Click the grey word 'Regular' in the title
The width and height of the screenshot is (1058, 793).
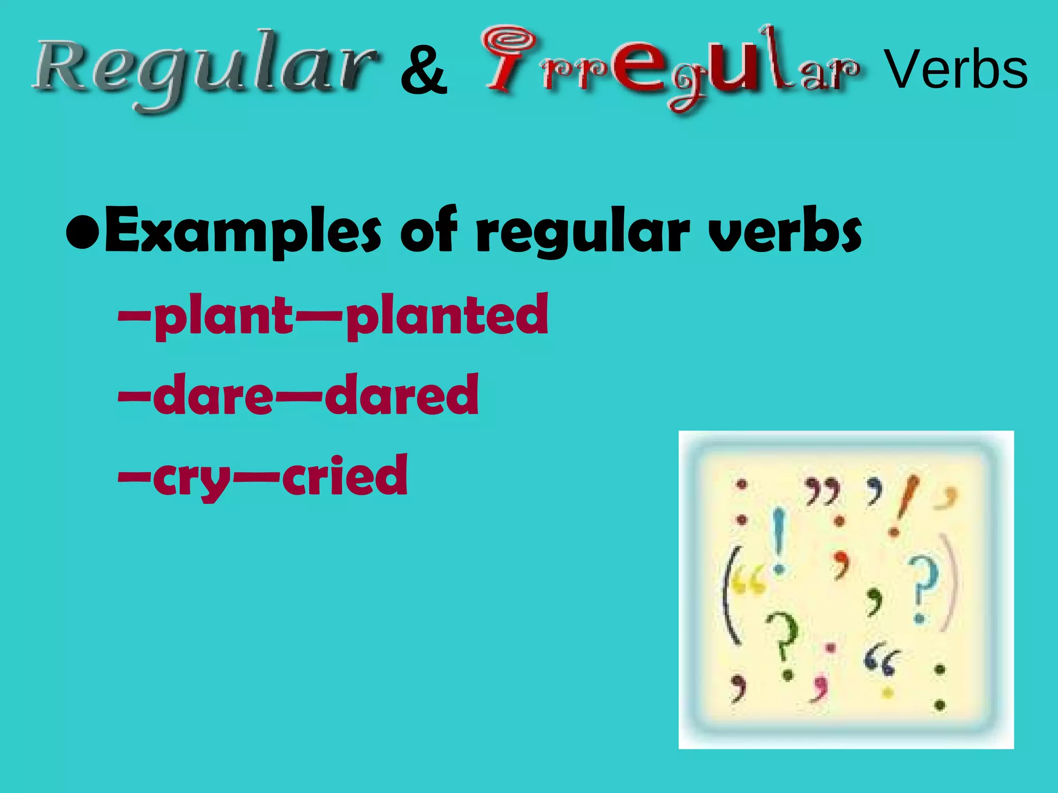pyautogui.click(x=204, y=70)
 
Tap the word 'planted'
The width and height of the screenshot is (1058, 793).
pyautogui.click(x=447, y=315)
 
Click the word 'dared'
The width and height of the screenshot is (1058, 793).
pyautogui.click(x=401, y=395)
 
